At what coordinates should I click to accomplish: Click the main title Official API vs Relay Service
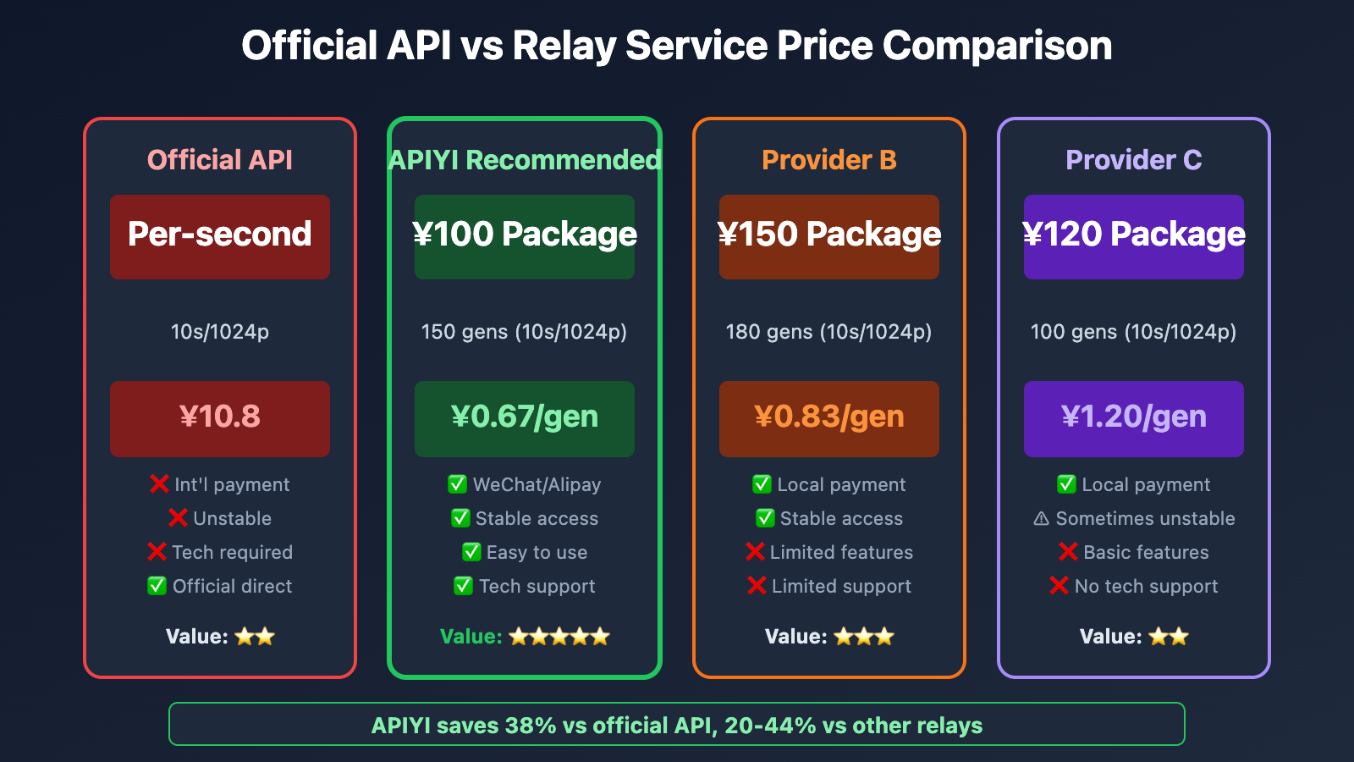[x=676, y=46]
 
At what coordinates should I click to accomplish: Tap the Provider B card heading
[x=828, y=160]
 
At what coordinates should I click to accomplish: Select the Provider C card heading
[x=1133, y=160]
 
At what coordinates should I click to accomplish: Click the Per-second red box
[x=220, y=236]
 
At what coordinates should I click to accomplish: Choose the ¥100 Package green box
[x=525, y=236]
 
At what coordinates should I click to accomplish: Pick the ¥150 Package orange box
[x=829, y=236]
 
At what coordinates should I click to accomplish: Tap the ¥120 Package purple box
[x=1134, y=236]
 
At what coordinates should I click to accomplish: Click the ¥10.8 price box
[x=220, y=418]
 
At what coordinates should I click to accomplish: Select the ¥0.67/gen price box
[x=525, y=418]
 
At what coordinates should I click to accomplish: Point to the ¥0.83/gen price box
[x=829, y=418]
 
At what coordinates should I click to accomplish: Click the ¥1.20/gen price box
[x=1134, y=418]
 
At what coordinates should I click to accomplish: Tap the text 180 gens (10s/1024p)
[x=828, y=332]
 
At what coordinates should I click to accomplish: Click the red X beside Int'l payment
[x=158, y=484]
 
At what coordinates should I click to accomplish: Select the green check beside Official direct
[x=157, y=586]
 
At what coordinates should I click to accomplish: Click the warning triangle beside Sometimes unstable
[x=1042, y=518]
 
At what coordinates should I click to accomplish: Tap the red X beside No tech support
[x=1059, y=586]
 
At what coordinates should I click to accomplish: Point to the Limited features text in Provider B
[x=841, y=552]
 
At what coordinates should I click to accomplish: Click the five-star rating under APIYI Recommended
[x=559, y=637]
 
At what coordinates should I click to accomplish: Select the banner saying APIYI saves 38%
[x=676, y=725]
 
